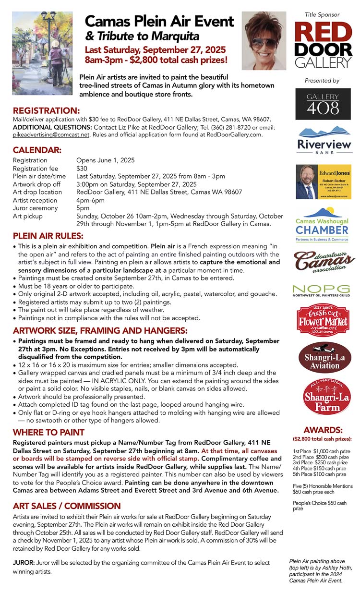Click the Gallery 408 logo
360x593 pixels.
[x=323, y=103]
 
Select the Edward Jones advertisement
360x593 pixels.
[x=324, y=182]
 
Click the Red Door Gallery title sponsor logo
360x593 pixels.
[x=323, y=45]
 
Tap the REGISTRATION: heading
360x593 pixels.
[x=46, y=110]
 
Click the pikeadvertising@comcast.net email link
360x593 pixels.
[x=51, y=135]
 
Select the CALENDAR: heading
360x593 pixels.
[x=37, y=150]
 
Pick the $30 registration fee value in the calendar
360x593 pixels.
[x=81, y=169]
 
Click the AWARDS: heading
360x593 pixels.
[x=323, y=430]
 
